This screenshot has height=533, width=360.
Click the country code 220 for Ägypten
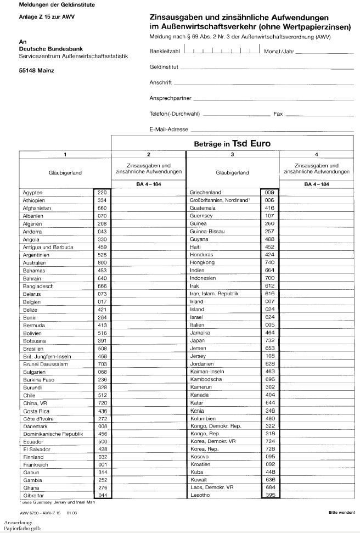point(102,193)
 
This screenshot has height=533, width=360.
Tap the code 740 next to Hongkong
point(269,263)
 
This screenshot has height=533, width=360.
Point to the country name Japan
point(197,340)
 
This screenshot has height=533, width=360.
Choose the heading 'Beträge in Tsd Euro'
point(232,144)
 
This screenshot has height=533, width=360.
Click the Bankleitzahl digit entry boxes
point(221,51)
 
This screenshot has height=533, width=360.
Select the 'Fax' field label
point(278,114)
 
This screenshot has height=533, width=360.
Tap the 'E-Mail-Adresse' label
point(168,130)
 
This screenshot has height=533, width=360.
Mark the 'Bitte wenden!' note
point(341,512)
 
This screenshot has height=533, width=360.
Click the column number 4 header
point(316,155)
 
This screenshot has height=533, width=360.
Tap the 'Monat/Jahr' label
point(278,51)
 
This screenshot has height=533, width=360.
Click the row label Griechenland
point(205,193)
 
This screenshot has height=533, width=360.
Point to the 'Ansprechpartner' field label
point(170,99)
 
